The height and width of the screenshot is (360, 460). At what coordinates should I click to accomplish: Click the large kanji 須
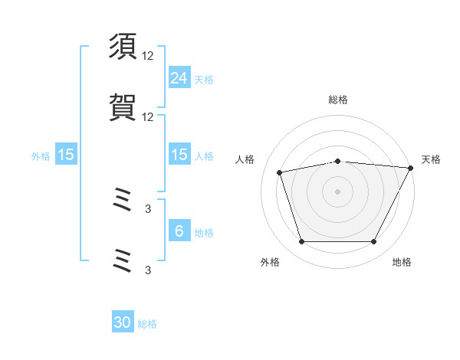pyautogui.click(x=123, y=46)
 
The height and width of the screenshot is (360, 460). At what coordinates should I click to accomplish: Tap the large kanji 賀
pyautogui.click(x=123, y=107)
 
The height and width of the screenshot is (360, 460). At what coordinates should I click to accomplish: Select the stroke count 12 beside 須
pyautogui.click(x=147, y=56)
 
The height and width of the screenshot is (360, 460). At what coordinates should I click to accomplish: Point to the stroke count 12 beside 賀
pyautogui.click(x=147, y=117)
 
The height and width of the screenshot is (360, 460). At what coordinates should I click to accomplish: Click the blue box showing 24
pyautogui.click(x=179, y=77)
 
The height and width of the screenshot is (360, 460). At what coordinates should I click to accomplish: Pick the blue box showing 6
pyautogui.click(x=179, y=230)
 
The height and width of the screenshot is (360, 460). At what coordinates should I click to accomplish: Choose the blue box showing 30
pyautogui.click(x=123, y=321)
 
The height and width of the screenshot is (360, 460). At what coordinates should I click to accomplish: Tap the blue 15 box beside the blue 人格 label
pyautogui.click(x=179, y=154)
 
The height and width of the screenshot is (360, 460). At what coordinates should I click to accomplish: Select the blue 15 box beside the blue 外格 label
pyautogui.click(x=66, y=154)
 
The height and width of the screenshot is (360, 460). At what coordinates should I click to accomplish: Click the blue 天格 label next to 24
pyautogui.click(x=204, y=80)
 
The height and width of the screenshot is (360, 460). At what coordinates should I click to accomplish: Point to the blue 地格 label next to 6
pyautogui.click(x=204, y=233)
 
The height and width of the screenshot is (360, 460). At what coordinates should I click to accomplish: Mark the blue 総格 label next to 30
pyautogui.click(x=147, y=324)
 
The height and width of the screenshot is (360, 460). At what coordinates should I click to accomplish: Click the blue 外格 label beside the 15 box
pyautogui.click(x=41, y=156)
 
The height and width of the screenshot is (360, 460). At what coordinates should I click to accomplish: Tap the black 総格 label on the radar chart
pyautogui.click(x=338, y=100)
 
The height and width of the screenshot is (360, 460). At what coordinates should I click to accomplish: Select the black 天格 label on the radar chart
pyautogui.click(x=431, y=159)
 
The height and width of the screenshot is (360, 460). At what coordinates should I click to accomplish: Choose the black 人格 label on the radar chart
pyautogui.click(x=245, y=159)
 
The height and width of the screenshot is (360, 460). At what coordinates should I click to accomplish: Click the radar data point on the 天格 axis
pyautogui.click(x=411, y=168)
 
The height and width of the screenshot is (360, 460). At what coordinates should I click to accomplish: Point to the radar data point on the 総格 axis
pyautogui.click(x=338, y=162)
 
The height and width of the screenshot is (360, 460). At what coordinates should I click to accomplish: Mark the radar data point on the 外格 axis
pyautogui.click(x=302, y=241)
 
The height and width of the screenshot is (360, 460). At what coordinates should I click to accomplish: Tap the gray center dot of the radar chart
pyautogui.click(x=337, y=191)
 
